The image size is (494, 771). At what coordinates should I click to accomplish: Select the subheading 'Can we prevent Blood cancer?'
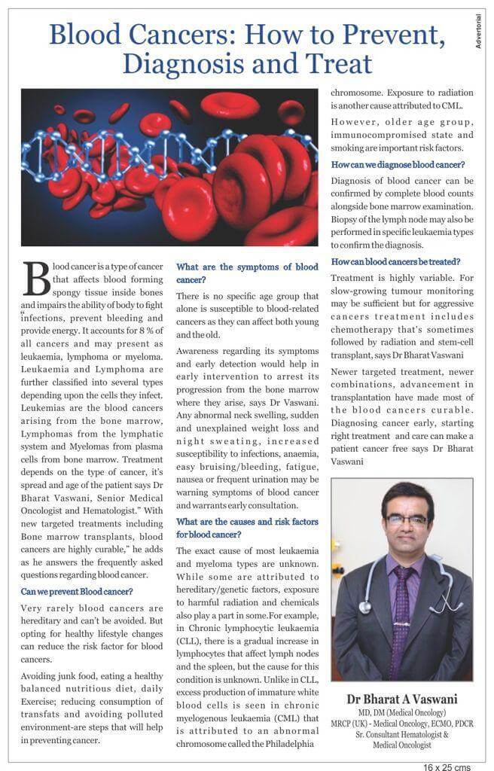coord(77,592)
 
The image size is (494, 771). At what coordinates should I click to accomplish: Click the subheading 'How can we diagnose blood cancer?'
coord(398,165)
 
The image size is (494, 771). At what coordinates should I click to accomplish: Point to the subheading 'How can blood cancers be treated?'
coord(396,261)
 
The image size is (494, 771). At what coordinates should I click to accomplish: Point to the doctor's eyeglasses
coord(407,520)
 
